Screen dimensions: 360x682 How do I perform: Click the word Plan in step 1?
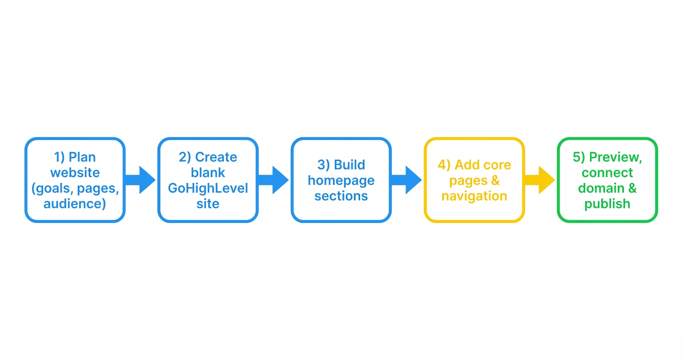[x=82, y=157]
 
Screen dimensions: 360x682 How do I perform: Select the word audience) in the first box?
[x=75, y=203]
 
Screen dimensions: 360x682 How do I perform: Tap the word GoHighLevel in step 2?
[x=208, y=188]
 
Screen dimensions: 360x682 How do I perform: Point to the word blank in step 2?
[x=208, y=172]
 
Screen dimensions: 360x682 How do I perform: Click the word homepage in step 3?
[x=341, y=180]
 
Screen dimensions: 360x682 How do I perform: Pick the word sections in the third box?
[x=341, y=196]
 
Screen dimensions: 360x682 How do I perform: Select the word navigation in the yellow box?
[x=474, y=196]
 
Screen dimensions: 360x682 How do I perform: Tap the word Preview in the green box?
[x=615, y=157]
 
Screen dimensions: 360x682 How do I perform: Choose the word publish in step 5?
[x=607, y=203]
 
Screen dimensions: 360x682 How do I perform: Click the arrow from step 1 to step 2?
[x=141, y=180]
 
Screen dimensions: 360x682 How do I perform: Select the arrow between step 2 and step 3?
[x=274, y=180]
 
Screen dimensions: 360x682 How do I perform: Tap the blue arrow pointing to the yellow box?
[x=407, y=180]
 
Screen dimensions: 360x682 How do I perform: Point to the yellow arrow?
[x=540, y=180]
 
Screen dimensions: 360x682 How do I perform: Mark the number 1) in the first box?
[x=58, y=157]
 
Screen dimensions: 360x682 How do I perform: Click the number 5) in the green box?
[x=579, y=157]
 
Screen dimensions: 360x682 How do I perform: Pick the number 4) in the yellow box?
[x=444, y=165]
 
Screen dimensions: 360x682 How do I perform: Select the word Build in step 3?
[x=349, y=165]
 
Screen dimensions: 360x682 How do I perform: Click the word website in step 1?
[x=75, y=172]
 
